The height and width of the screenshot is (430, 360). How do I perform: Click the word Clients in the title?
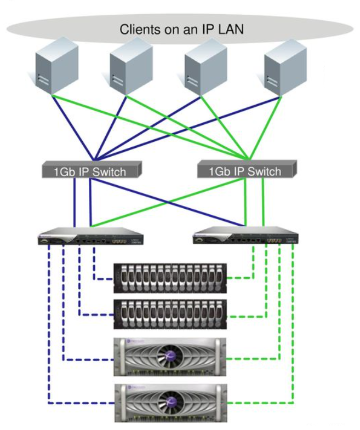pyautogui.click(x=139, y=30)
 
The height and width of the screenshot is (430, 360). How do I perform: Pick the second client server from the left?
pyautogui.click(x=130, y=66)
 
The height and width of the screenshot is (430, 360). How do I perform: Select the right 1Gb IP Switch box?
pyautogui.click(x=247, y=170)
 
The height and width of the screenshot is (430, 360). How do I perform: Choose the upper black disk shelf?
pyautogui.click(x=170, y=278)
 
